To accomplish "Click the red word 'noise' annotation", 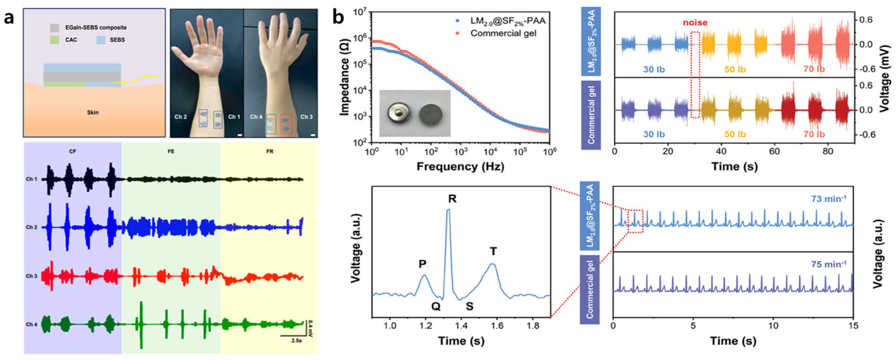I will [695, 23].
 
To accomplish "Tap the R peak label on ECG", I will [452, 199].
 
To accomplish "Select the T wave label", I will [493, 251].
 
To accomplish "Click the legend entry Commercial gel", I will [503, 33].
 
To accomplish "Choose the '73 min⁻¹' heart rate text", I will [828, 199].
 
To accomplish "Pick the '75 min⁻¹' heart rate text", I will [828, 264].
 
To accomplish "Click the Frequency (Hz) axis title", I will [460, 167].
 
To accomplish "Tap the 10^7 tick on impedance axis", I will [360, 13].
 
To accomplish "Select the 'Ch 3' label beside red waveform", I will [31, 276].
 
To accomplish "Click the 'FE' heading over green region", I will [171, 152].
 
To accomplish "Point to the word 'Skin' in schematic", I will [93, 112].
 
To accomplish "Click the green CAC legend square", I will [54, 40].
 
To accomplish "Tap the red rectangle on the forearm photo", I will [286, 123].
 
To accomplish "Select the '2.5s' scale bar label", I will [296, 341].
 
